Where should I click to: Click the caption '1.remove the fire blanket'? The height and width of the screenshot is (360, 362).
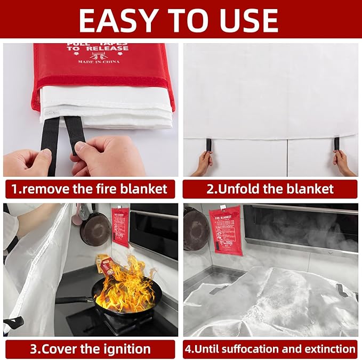click(x=90, y=189)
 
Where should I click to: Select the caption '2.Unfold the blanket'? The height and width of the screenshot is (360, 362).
click(x=270, y=189)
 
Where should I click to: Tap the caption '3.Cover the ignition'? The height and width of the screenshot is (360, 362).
click(x=90, y=349)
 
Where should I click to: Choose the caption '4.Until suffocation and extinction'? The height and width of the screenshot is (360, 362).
click(x=270, y=349)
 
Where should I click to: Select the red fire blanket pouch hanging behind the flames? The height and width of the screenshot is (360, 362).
click(x=120, y=226)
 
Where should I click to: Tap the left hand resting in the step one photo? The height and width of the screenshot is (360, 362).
click(x=27, y=162)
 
